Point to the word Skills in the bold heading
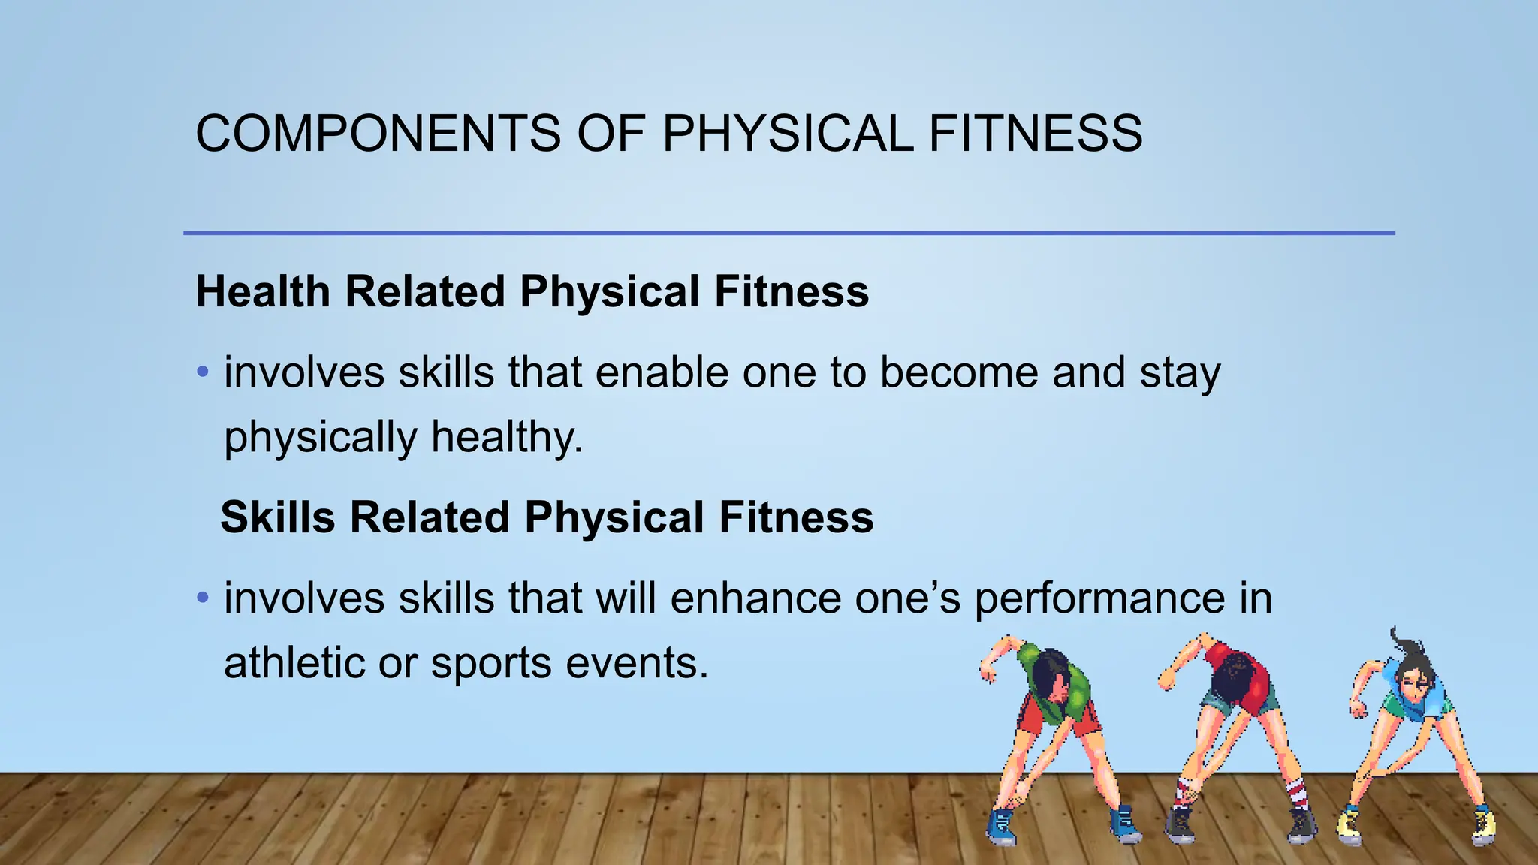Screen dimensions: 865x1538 click(277, 517)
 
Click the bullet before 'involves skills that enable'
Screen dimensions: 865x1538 click(202, 372)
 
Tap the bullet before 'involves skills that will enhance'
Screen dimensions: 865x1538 click(202, 598)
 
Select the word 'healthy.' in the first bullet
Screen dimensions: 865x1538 click(507, 437)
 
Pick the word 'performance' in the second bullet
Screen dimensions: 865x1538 click(1099, 600)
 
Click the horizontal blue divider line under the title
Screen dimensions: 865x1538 click(789, 233)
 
